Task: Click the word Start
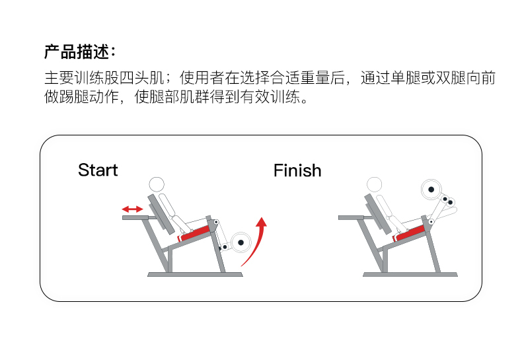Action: click(x=98, y=170)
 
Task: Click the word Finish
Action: click(x=297, y=170)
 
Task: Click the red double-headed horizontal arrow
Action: click(x=132, y=209)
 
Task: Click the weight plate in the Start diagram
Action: click(x=241, y=243)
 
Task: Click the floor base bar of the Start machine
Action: click(x=194, y=273)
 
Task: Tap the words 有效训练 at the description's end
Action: click(x=270, y=98)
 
